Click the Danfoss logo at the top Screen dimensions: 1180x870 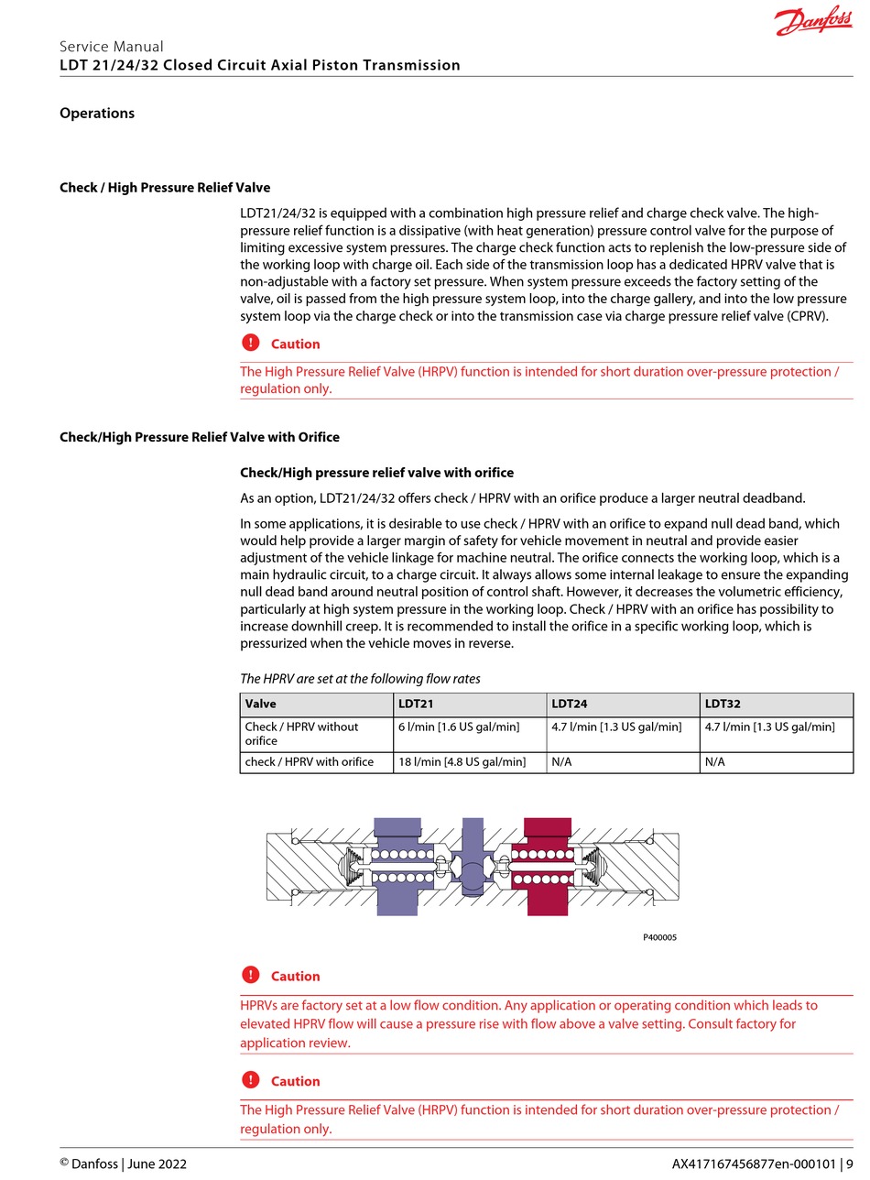[813, 22]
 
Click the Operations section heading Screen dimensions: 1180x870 [97, 114]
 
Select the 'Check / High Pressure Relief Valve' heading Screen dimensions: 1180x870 [165, 188]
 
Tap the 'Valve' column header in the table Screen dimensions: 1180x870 [261, 705]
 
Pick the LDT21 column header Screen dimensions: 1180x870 [416, 705]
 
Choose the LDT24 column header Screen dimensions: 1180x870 [569, 705]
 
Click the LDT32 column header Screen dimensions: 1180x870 [723, 705]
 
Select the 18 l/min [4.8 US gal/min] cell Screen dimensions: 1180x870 [462, 762]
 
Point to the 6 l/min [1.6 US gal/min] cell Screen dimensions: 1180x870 [458, 727]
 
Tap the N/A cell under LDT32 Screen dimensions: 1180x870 [714, 762]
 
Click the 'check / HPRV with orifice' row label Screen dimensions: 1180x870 [310, 762]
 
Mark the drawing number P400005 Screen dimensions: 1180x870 [659, 937]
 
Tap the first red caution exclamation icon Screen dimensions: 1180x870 [251, 344]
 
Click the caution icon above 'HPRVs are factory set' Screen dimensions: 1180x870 [251, 976]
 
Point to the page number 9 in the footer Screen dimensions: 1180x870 [849, 1164]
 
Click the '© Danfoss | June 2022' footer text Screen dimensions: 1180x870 [123, 1164]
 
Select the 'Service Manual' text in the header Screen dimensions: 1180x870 [112, 47]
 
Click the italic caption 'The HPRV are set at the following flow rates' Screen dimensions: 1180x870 [360, 679]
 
